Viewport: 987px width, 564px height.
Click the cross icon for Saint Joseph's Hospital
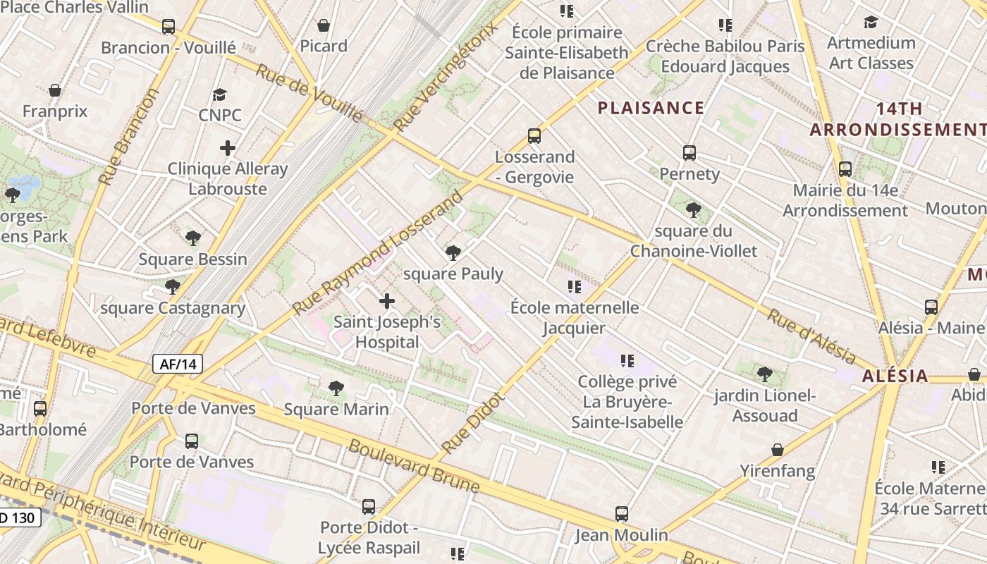[x=386, y=302]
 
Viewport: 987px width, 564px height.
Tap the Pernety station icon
[x=689, y=152]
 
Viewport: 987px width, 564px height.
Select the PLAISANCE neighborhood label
[x=651, y=108]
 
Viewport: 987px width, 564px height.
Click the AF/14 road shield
[x=178, y=364]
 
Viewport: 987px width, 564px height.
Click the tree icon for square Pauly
[x=453, y=252]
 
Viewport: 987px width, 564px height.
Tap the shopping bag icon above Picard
[x=324, y=25]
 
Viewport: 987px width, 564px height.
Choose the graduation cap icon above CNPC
[x=220, y=94]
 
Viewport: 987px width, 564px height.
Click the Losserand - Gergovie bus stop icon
[x=534, y=135]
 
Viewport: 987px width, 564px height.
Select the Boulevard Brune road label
[x=415, y=467]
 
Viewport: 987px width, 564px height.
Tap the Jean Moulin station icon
[x=621, y=513]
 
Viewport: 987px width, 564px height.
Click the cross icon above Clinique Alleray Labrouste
[x=227, y=148]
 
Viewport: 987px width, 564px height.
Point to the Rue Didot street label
[x=473, y=423]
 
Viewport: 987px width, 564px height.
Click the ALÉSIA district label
[x=895, y=376]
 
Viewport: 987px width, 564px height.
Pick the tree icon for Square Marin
[x=336, y=388]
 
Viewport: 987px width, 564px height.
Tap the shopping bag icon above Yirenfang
[x=777, y=450]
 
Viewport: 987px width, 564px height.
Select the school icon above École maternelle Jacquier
[x=575, y=287]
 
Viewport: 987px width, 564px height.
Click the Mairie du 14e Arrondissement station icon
[x=845, y=169]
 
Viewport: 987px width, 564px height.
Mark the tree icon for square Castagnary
[x=172, y=286]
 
